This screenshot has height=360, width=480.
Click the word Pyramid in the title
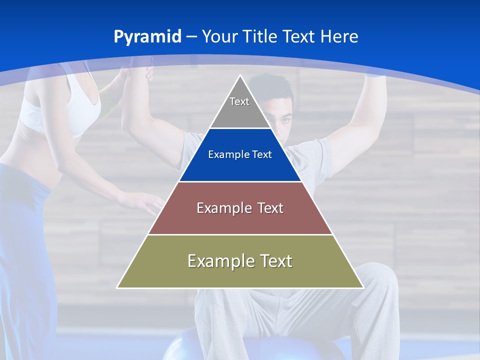pos(147,37)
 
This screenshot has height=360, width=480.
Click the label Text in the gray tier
pos(239,101)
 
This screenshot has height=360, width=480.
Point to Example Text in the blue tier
pos(240,154)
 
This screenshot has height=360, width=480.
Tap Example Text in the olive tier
pos(240,261)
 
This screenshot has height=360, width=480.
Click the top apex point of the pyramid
pos(240,76)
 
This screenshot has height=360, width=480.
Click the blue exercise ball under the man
pos(185,345)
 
